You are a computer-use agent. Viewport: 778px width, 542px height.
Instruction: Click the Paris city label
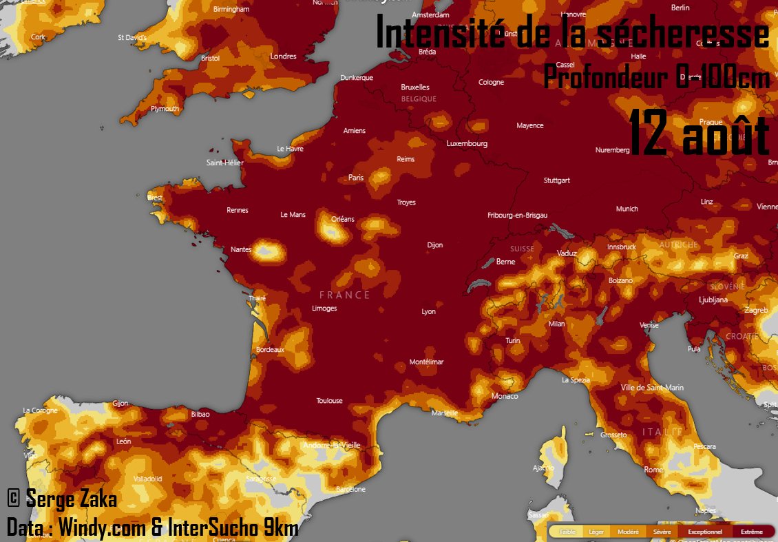pos(355,178)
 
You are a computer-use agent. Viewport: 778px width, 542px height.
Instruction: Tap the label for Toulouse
pos(329,401)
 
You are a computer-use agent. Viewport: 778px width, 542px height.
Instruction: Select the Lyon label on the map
pos(428,312)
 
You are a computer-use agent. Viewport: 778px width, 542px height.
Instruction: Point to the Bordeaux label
pos(270,350)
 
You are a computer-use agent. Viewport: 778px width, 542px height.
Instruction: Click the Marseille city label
pos(445,413)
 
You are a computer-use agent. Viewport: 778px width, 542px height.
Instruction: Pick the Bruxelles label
pos(415,87)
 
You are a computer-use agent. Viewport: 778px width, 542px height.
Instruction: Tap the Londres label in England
pos(283,56)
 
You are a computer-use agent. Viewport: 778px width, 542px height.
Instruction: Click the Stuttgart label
pos(556,180)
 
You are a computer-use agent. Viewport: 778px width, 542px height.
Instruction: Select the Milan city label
pos(556,324)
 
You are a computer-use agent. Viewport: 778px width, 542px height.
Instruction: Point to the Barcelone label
pos(350,490)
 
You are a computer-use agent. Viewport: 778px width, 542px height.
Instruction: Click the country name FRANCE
pos(345,295)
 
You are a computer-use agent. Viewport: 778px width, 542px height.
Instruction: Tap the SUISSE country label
pos(522,249)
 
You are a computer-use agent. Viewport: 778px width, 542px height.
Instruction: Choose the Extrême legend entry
pos(751,532)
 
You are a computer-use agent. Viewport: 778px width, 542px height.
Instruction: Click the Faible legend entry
pos(567,532)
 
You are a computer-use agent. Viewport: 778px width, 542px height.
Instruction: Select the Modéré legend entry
pos(628,532)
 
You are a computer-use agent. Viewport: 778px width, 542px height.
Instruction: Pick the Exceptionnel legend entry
pos(705,532)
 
